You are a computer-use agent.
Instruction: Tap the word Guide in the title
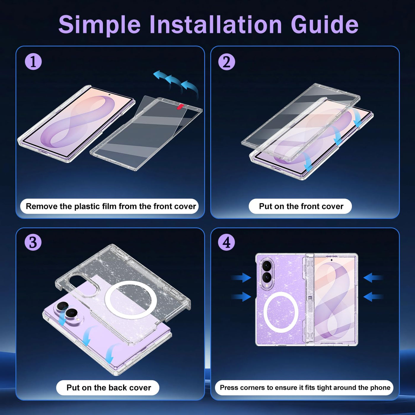point(325,24)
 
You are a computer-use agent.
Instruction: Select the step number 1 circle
point(33,62)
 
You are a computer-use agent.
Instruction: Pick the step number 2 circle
point(226,62)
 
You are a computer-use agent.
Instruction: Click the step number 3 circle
point(33,242)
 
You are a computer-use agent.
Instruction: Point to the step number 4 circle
point(226,242)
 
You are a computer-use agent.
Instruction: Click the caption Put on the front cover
point(301,206)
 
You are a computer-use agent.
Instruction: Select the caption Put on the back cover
point(109,388)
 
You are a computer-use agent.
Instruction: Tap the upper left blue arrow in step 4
point(241,277)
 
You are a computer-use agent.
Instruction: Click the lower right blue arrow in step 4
point(373,297)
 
